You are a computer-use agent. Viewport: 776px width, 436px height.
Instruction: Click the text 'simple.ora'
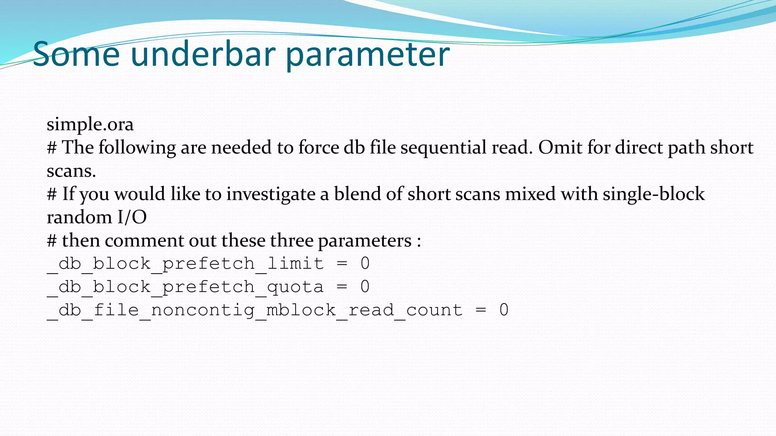point(90,125)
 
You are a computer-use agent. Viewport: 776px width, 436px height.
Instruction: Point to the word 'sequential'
point(443,148)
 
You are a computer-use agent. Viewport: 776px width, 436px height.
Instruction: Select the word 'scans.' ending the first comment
point(71,171)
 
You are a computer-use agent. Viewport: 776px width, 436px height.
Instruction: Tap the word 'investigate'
point(271,194)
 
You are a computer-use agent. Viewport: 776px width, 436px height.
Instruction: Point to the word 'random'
point(79,218)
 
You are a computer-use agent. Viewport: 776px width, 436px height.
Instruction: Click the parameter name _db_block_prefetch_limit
point(186,264)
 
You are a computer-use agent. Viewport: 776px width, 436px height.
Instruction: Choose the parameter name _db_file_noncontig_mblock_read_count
point(255,310)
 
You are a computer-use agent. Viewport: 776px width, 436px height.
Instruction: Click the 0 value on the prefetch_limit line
point(365,264)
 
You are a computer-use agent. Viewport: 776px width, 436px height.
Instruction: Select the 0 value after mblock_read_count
point(504,310)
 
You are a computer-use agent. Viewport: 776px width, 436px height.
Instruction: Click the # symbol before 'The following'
point(52,148)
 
